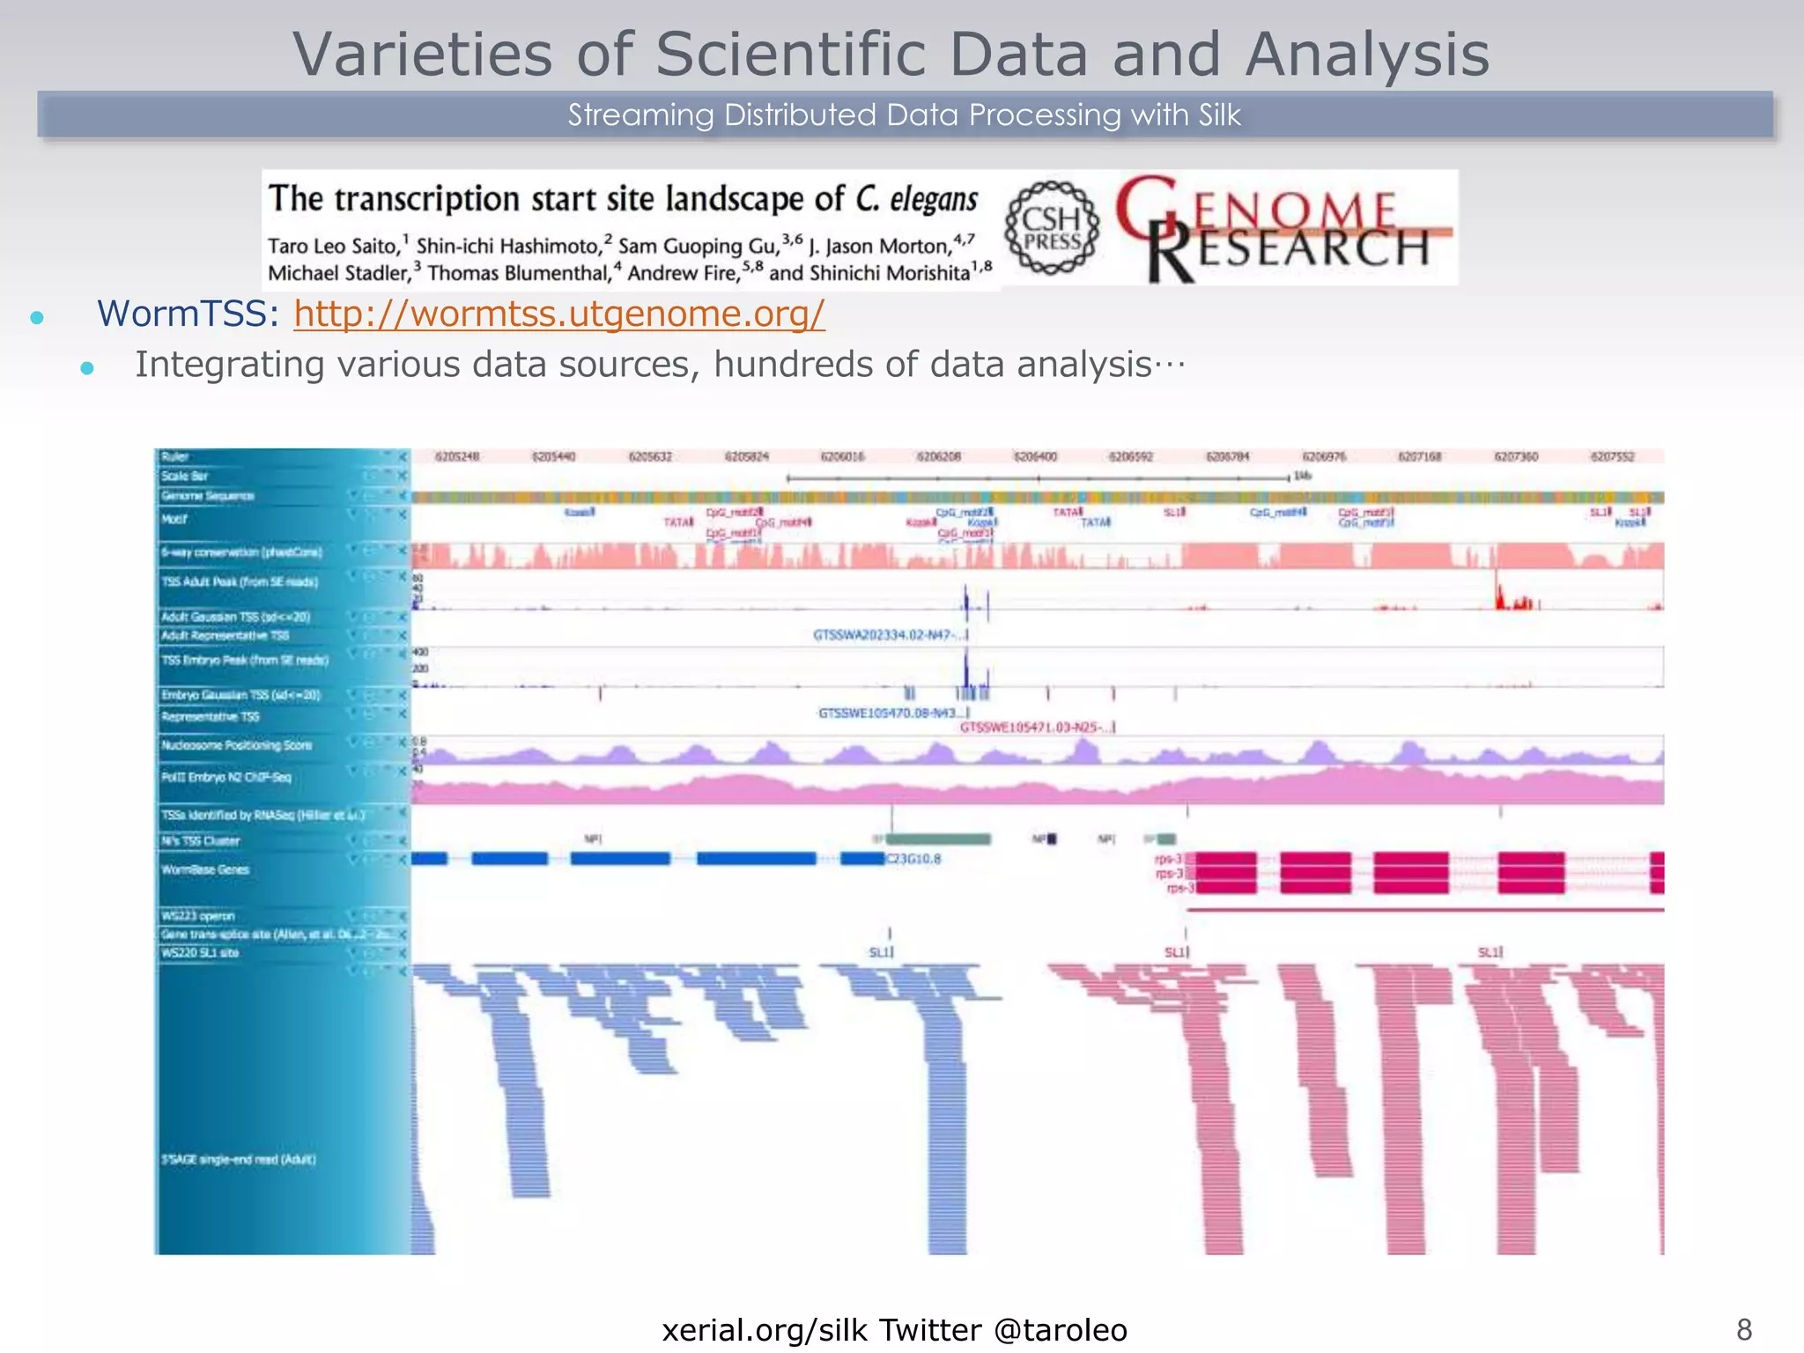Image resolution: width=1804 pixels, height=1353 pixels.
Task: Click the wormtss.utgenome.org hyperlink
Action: (x=559, y=314)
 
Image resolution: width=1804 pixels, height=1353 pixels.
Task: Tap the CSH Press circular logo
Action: (x=1053, y=228)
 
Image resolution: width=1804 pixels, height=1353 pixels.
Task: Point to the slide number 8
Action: (x=1743, y=1329)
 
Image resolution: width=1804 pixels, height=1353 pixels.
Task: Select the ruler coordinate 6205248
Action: (x=457, y=456)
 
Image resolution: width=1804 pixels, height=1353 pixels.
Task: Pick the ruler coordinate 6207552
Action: (x=1612, y=456)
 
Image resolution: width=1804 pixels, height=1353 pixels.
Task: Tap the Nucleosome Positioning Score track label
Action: (x=236, y=745)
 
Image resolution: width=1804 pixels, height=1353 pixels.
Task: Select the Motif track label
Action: (x=174, y=519)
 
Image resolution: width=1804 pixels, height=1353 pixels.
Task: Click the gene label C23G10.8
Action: (x=913, y=859)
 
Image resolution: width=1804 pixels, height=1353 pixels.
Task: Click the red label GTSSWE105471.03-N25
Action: (x=1034, y=728)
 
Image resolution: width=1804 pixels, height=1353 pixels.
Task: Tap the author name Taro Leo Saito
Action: (x=334, y=246)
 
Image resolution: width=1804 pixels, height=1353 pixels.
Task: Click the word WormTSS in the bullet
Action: (x=188, y=314)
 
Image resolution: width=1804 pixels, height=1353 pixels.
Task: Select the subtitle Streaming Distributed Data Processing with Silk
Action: (x=904, y=115)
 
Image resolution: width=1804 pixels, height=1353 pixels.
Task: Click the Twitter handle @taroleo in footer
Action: (x=1060, y=1330)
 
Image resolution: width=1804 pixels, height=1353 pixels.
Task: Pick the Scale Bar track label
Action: (x=184, y=476)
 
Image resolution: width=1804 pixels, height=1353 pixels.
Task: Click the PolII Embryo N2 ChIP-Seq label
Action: (x=225, y=777)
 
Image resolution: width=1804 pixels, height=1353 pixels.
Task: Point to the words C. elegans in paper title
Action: (x=916, y=199)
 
